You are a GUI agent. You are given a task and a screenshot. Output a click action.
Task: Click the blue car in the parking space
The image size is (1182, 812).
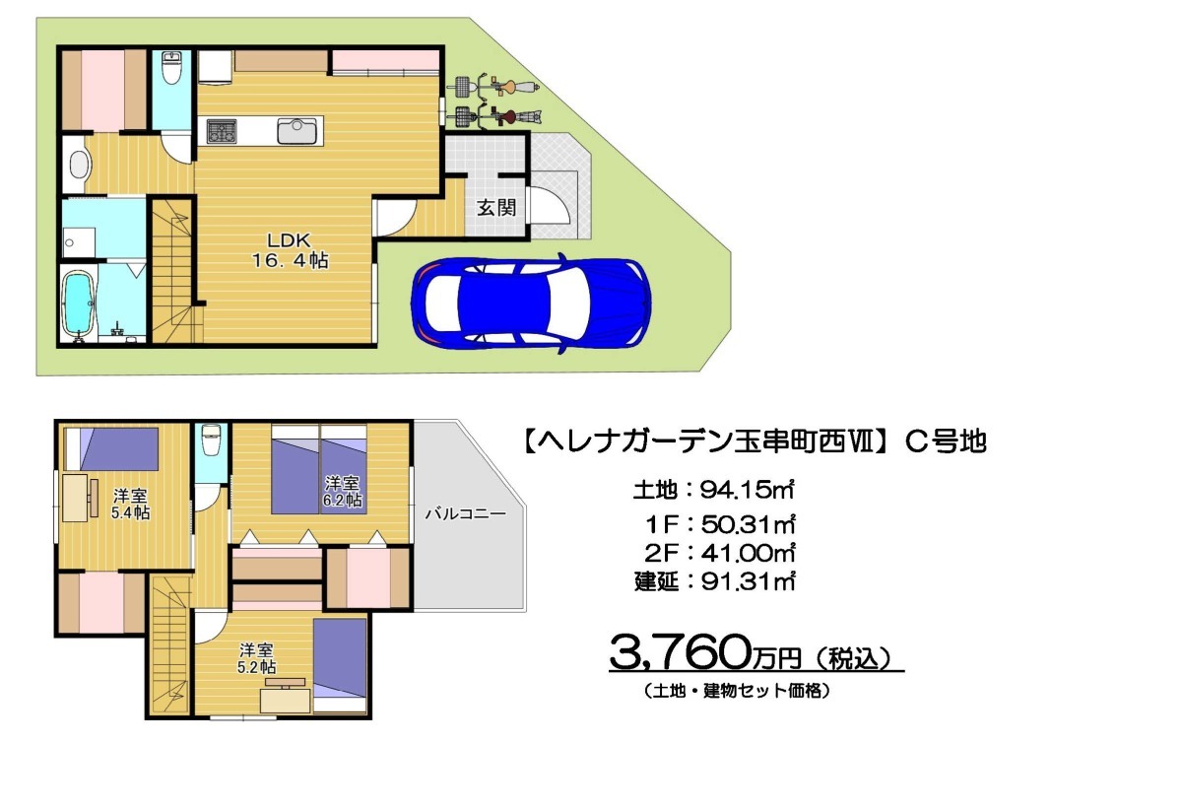click(x=531, y=304)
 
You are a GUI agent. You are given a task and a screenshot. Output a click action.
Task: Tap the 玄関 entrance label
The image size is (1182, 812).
click(x=496, y=208)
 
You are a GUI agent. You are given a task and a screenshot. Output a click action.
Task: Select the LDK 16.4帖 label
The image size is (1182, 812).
click(x=290, y=250)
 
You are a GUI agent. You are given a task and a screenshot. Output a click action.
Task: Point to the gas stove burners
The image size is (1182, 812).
click(x=221, y=131)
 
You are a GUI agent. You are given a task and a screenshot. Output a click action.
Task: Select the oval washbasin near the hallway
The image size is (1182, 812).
click(x=79, y=165)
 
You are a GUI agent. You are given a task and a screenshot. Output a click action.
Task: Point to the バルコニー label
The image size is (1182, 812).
click(x=465, y=513)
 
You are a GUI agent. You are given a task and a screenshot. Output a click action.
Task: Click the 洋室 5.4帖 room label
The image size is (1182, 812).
click(x=130, y=505)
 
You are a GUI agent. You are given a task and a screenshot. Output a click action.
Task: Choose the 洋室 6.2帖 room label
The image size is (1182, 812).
click(x=343, y=492)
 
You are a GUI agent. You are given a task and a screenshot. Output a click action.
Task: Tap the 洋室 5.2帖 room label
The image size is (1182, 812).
click(x=256, y=658)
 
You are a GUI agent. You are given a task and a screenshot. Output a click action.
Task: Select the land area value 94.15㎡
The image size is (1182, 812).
click(x=747, y=490)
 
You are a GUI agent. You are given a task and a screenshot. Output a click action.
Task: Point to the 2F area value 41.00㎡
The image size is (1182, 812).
click(x=748, y=553)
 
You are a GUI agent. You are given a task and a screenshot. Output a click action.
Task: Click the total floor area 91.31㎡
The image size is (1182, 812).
click(x=748, y=581)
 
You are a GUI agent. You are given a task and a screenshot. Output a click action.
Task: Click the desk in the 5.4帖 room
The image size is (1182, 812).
click(x=76, y=498)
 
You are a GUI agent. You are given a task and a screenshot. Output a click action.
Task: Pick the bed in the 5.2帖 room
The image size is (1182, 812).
click(x=340, y=666)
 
